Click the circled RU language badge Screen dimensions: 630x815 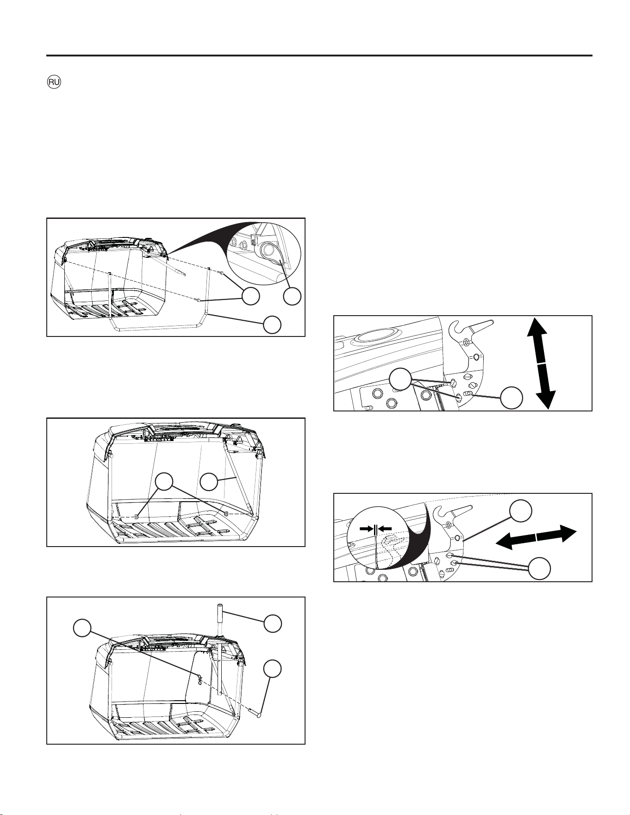(54, 82)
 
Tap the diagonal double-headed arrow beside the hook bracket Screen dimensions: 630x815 (536, 537)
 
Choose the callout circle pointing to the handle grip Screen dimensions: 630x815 (272, 623)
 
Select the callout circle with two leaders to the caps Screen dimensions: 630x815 (164, 482)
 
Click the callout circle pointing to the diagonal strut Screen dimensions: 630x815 (209, 482)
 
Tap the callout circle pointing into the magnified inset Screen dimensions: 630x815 (292, 296)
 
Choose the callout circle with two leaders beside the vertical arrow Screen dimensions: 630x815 (399, 380)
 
